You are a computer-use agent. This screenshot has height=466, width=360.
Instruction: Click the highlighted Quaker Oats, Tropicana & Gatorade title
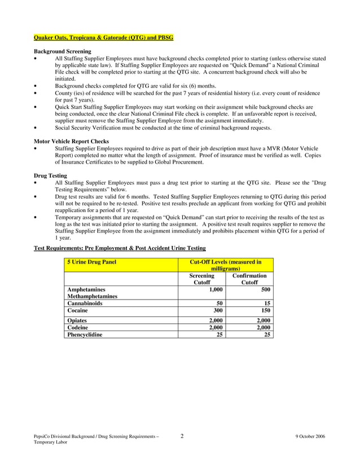(104, 38)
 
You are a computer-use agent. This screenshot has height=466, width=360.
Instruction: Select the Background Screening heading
(61, 51)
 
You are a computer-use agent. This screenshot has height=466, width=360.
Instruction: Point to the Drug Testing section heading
(51, 175)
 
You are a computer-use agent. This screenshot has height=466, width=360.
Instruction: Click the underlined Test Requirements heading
(120, 248)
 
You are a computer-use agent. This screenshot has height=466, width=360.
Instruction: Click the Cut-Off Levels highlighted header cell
(225, 265)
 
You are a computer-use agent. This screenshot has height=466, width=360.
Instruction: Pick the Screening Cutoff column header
(201, 279)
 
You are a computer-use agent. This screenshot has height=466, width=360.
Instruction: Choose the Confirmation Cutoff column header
(249, 279)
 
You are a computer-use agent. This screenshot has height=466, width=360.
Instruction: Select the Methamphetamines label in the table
(92, 296)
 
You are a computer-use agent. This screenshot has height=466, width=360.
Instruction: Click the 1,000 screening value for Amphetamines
(216, 289)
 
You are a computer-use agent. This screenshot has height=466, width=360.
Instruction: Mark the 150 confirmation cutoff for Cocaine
(265, 310)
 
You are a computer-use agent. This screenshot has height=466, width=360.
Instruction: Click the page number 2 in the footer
(182, 436)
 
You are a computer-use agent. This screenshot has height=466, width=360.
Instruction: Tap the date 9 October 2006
(310, 437)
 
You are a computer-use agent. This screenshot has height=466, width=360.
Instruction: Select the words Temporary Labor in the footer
(50, 443)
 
